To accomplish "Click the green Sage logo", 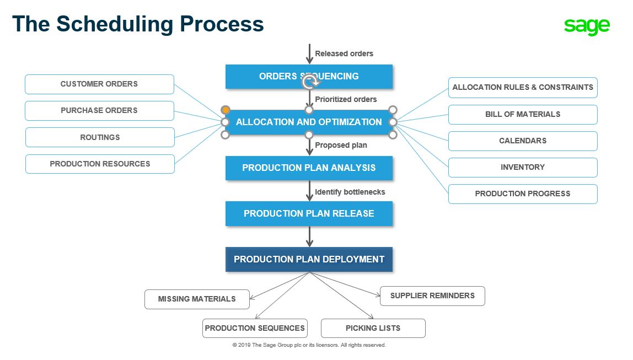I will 587,26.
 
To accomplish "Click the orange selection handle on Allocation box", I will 226,110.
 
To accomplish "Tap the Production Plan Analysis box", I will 309,168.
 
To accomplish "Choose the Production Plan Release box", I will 309,213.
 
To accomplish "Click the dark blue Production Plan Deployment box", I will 309,259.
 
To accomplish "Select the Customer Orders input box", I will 99,84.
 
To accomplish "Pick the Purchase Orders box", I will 99,111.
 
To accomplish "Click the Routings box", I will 100,137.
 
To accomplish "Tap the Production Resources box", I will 100,164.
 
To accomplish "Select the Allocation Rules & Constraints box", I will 523,88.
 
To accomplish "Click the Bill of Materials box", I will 523,115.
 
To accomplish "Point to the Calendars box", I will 523,141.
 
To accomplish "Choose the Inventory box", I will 523,168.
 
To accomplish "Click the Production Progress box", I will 523,194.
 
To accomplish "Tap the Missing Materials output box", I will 197,299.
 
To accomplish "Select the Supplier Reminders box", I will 432,296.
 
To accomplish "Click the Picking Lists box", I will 373,328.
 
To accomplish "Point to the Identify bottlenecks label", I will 350,192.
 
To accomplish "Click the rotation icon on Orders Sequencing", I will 310,83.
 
